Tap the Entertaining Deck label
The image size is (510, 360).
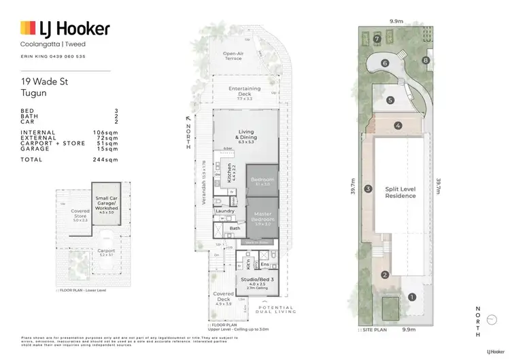coord(245,91)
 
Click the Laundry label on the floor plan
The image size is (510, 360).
coord(225,211)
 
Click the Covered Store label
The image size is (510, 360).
coord(81,214)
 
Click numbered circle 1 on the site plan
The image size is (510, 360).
coord(412,297)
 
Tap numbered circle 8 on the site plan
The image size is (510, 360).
coord(426,61)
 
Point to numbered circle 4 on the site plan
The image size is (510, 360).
coord(398,125)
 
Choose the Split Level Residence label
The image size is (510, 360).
coord(401,192)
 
